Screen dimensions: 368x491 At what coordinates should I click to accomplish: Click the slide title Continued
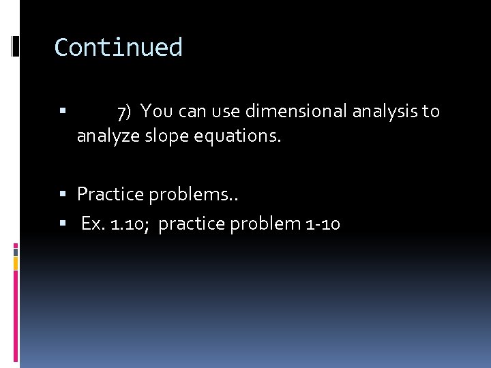click(x=119, y=47)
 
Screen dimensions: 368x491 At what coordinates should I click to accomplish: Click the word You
click(x=156, y=110)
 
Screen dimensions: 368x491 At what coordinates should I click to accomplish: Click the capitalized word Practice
click(x=110, y=194)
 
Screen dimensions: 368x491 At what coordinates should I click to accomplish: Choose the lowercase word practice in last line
click(x=192, y=223)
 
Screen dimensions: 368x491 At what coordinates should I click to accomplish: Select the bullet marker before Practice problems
click(x=62, y=195)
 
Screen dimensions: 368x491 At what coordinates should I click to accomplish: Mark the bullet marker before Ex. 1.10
click(x=62, y=223)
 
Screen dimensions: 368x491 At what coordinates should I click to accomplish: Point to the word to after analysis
click(x=431, y=110)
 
